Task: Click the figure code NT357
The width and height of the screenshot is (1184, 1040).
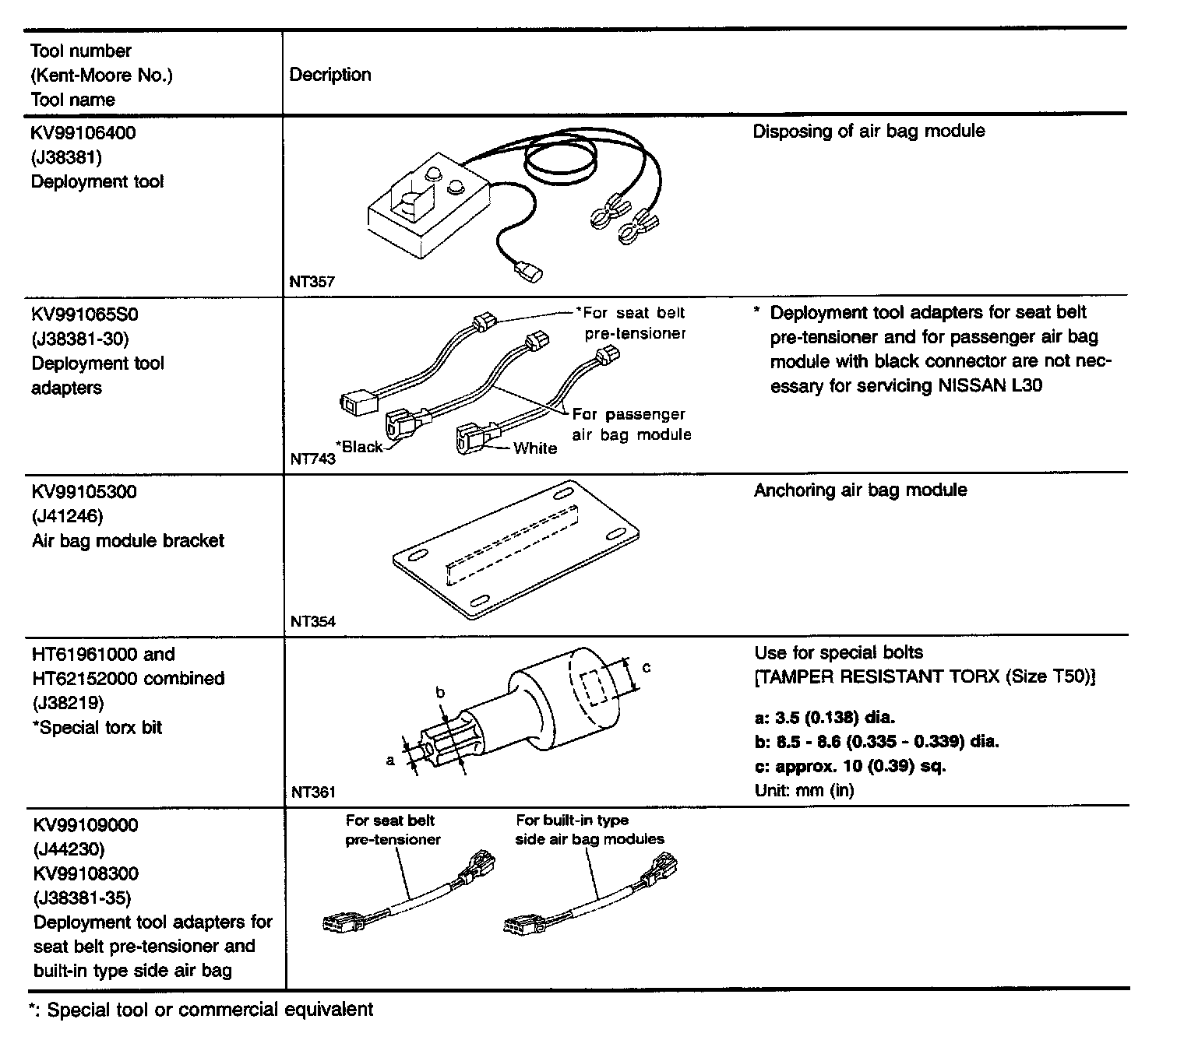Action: pyautogui.click(x=312, y=283)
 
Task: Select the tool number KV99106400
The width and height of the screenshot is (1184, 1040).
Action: pyautogui.click(x=83, y=133)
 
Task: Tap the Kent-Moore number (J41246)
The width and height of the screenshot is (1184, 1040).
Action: pyautogui.click(x=68, y=516)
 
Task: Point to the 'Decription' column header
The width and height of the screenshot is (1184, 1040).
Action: pyautogui.click(x=330, y=75)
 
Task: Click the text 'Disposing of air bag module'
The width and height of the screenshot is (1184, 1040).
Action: pyautogui.click(x=868, y=131)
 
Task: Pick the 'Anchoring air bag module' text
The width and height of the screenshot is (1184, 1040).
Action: pyautogui.click(x=860, y=490)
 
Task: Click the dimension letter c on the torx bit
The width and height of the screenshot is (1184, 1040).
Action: pyautogui.click(x=646, y=667)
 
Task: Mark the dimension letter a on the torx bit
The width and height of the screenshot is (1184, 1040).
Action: pyautogui.click(x=390, y=761)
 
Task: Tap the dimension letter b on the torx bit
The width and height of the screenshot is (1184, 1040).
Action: pyautogui.click(x=439, y=693)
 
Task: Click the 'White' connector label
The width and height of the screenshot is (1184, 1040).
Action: pyautogui.click(x=534, y=448)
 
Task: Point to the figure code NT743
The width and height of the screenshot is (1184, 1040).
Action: pyautogui.click(x=312, y=459)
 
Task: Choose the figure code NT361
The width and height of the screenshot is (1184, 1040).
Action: pyautogui.click(x=313, y=792)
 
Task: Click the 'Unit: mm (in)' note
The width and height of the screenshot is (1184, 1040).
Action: pyautogui.click(x=804, y=791)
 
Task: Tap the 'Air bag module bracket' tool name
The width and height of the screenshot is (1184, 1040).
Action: pyautogui.click(x=128, y=541)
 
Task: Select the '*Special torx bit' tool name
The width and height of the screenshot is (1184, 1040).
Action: pyautogui.click(x=97, y=728)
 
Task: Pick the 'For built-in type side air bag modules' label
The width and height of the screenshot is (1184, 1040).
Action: pyautogui.click(x=590, y=830)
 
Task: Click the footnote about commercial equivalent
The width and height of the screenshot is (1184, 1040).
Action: pyautogui.click(x=201, y=1010)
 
